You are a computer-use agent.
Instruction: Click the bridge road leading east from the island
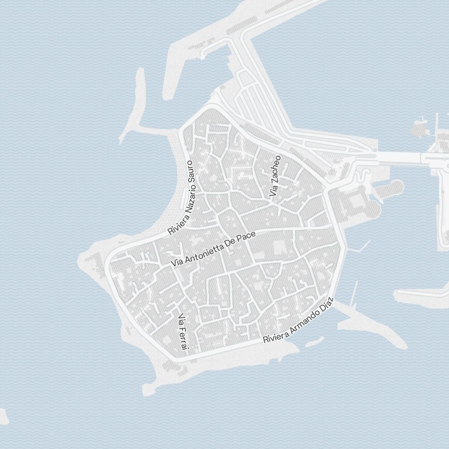click(400, 157)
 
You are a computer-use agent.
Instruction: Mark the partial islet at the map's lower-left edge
click(3, 417)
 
